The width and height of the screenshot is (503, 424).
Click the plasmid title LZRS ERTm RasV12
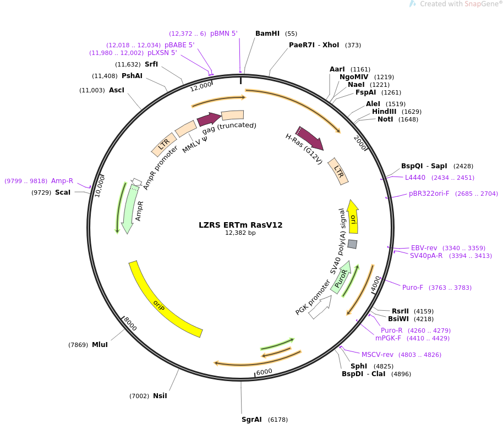click(x=240, y=225)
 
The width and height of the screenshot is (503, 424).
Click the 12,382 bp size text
click(x=240, y=233)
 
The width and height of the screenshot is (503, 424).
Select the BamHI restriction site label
click(x=267, y=34)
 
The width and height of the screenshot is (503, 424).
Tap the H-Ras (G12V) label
click(x=304, y=149)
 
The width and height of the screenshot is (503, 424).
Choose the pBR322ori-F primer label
click(x=429, y=194)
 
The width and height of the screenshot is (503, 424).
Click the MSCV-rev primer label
click(x=378, y=355)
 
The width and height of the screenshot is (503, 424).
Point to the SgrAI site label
click(x=251, y=420)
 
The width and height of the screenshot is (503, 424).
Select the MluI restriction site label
click(x=100, y=345)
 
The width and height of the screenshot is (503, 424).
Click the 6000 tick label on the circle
click(x=264, y=372)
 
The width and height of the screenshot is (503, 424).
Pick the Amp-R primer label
click(x=62, y=181)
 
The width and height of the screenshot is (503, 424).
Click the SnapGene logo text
click(x=461, y=4)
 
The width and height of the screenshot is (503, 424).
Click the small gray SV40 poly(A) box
click(x=352, y=244)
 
